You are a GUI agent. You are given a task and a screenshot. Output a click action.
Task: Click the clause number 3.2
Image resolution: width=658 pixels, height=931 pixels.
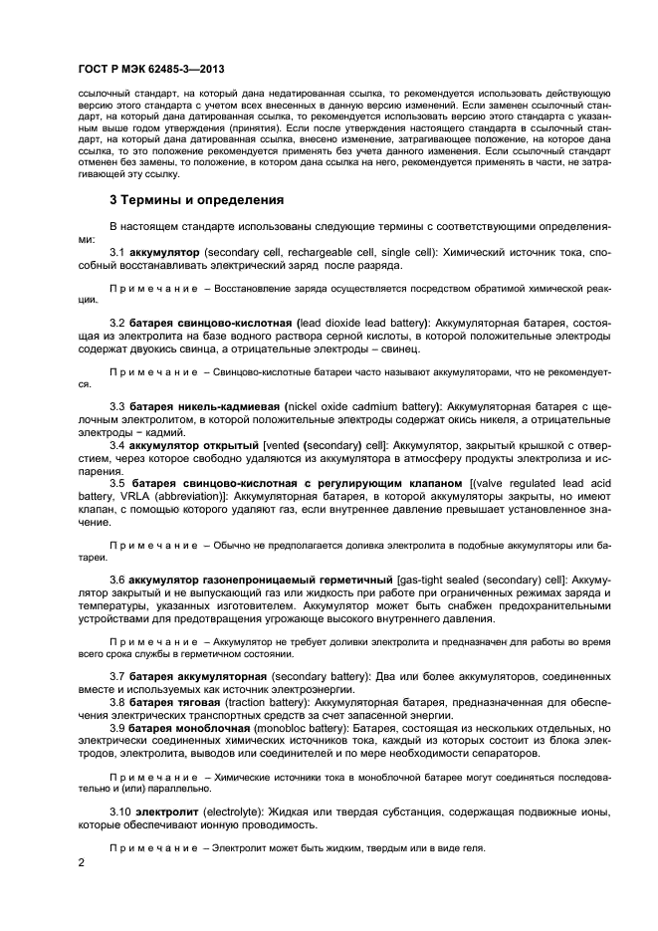coord(117,324)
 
